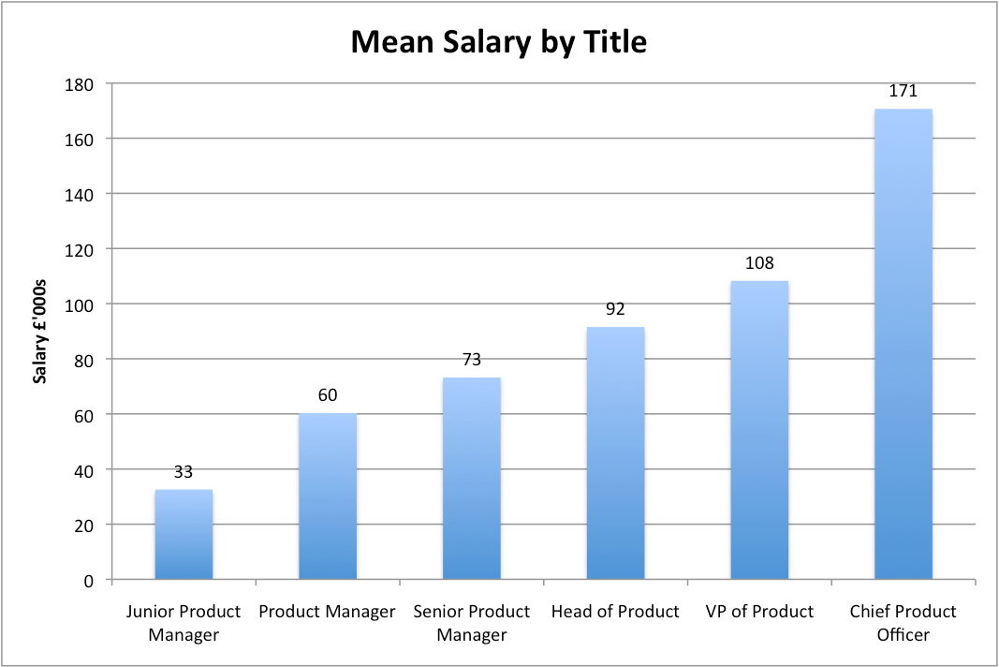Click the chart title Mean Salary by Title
coord(498,42)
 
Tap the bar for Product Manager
coord(327,497)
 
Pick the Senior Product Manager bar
coord(471,479)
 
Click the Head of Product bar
coord(615,453)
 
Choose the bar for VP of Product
coord(759,430)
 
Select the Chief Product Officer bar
coord(903,345)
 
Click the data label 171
coord(903,92)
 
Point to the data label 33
coord(184,472)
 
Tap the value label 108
coord(759,263)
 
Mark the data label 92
coord(615,309)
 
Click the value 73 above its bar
coord(471,360)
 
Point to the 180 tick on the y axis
coord(81,84)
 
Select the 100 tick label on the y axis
coord(81,304)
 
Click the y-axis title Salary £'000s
coord(40,332)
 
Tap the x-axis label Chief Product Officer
coord(903,623)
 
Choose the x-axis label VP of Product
coord(759,612)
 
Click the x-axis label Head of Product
coord(615,612)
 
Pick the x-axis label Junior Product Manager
coord(184,623)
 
